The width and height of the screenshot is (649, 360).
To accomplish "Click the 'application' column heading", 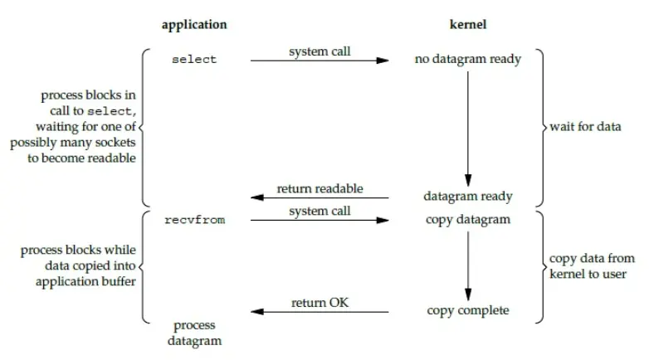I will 194,25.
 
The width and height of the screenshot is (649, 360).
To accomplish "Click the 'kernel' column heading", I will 469,25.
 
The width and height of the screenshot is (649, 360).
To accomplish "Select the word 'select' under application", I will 194,60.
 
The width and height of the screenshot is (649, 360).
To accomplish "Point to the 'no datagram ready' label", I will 468,60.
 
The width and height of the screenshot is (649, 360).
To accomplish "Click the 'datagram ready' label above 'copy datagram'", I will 469,197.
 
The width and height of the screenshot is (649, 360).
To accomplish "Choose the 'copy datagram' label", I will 469,220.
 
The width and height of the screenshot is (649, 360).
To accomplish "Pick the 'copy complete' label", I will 468,311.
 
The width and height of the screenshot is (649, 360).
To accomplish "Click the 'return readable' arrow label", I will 320,188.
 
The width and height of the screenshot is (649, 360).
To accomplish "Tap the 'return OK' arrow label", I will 320,303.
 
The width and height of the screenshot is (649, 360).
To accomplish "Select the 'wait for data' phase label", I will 584,127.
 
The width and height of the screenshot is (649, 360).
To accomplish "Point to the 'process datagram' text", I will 194,333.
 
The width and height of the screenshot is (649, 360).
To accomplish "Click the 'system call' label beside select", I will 320,51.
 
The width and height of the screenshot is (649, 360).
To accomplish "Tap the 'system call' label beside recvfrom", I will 320,212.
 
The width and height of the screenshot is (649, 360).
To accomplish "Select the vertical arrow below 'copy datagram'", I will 468,265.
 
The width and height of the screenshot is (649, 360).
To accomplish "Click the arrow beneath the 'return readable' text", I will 320,198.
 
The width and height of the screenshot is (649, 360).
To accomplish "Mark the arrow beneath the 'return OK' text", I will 320,313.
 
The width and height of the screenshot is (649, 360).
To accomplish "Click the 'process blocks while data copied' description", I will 78,265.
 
